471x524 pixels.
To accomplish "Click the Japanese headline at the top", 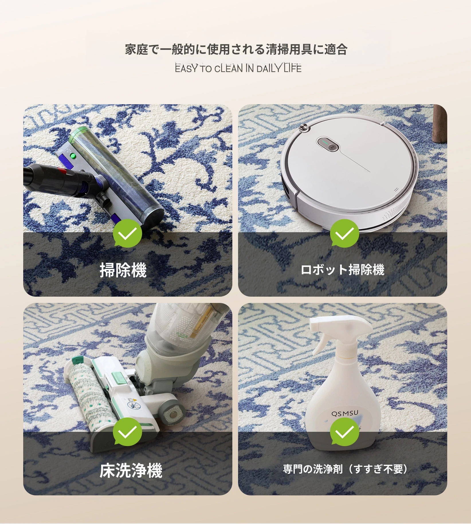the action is pyautogui.click(x=236, y=50).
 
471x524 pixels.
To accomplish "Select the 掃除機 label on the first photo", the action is pyautogui.click(x=123, y=270).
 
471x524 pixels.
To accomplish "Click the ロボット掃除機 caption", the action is pyautogui.click(x=343, y=270).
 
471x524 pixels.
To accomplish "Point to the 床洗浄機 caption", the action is pyautogui.click(x=131, y=470).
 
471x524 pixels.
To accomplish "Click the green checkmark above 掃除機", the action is pyautogui.click(x=127, y=233).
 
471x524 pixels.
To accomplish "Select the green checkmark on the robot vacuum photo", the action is pyautogui.click(x=344, y=233).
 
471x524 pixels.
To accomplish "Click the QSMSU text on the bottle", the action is pyautogui.click(x=345, y=413).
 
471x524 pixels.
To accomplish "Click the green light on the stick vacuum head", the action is pyautogui.click(x=73, y=156).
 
